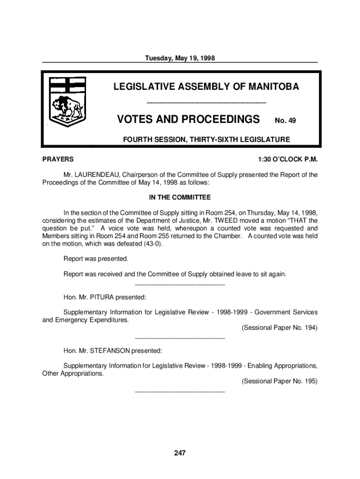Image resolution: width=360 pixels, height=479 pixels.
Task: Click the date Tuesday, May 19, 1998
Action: click(180, 58)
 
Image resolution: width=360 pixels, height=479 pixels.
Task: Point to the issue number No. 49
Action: click(285, 121)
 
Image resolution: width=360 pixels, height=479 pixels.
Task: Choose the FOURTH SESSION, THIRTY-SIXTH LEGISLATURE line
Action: click(206, 139)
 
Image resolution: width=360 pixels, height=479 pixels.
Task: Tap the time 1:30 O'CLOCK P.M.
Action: click(288, 160)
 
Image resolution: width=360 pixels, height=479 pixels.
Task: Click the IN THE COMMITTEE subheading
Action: click(180, 197)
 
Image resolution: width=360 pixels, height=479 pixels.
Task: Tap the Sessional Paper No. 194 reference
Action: click(279, 328)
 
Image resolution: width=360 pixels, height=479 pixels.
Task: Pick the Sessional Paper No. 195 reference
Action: click(279, 381)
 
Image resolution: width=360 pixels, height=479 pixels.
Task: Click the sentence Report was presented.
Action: click(96, 259)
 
